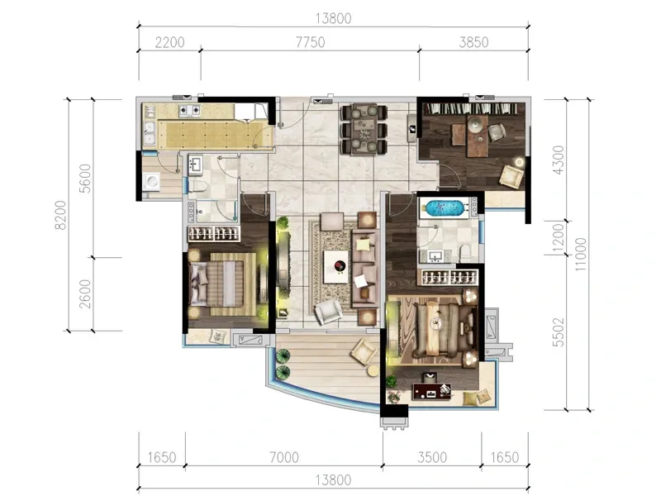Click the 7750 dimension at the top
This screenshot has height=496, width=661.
pyautogui.click(x=311, y=43)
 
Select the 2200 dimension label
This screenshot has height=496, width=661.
pyautogui.click(x=170, y=43)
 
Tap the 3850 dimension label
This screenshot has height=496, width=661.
pyautogui.click(x=473, y=43)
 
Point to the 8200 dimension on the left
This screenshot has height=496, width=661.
pyautogui.click(x=60, y=215)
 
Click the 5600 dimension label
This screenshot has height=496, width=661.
pyautogui.click(x=85, y=179)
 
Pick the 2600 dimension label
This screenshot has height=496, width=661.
pyautogui.click(x=85, y=294)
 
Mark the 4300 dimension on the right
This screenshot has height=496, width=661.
pyautogui.click(x=559, y=160)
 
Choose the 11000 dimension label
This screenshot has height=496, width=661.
pyautogui.click(x=581, y=255)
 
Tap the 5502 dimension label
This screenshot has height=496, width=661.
pyautogui.click(x=559, y=332)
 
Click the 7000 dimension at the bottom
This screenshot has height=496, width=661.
pyautogui.click(x=284, y=458)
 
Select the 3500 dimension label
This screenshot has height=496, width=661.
pyautogui.click(x=432, y=458)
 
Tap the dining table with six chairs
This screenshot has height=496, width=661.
pyautogui.click(x=364, y=129)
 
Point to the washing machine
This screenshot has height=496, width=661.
pyautogui.click(x=151, y=182)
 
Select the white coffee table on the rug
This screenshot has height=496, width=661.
pyautogui.click(x=336, y=266)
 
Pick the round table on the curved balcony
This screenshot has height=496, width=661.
pyautogui.click(x=373, y=370)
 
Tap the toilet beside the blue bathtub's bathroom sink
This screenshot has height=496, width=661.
pyautogui.click(x=465, y=252)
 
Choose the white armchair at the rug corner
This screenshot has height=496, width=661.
pyautogui.click(x=329, y=312)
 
